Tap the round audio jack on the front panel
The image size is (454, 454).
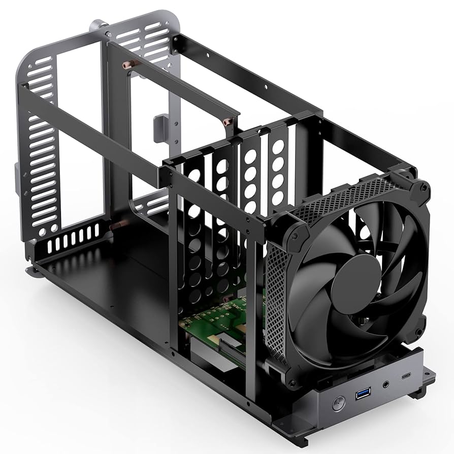[x=387, y=383]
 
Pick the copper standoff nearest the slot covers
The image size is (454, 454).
[x=226, y=122]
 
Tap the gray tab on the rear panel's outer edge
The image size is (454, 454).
[x=18, y=179]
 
